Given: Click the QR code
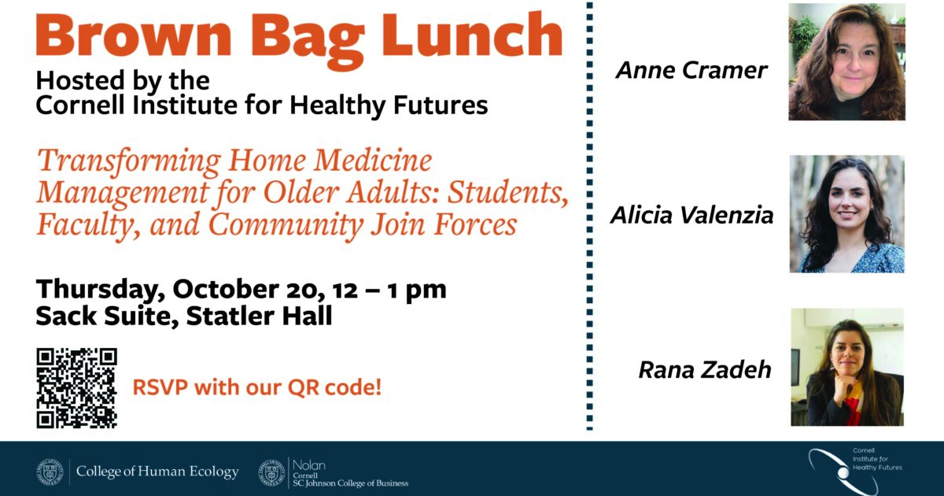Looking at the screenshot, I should point(76,388).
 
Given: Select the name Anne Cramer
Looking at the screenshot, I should point(691,71).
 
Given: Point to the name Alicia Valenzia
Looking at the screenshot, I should point(691,215).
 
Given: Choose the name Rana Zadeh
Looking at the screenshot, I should point(704,369).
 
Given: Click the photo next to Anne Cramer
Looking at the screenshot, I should point(846,61).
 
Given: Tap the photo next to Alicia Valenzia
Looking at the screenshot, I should point(846,214).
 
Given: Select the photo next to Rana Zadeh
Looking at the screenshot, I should point(846,367).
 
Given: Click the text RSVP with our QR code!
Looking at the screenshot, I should point(256,388).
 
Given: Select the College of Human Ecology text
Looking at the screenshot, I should point(157,472).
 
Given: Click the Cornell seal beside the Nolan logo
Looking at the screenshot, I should point(272,472).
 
